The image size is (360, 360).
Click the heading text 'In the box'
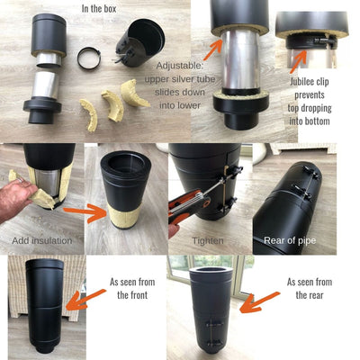point(99,8)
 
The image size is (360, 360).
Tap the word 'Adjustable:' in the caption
point(180,66)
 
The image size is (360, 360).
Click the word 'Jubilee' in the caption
point(309,82)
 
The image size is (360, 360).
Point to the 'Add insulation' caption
point(42,240)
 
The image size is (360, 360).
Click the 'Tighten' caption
point(208,240)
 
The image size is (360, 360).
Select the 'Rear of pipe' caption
point(290,240)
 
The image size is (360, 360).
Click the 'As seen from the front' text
point(132,288)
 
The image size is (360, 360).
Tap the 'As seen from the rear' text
point(310,288)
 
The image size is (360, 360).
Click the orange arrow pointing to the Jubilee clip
point(298,62)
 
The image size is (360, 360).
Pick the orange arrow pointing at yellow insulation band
point(85,212)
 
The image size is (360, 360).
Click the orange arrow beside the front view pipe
point(85,299)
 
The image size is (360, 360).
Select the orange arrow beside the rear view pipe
point(260,302)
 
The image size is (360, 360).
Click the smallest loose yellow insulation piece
point(90,115)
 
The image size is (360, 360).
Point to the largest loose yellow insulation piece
point(133,94)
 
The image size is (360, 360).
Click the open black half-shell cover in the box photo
point(140,42)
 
